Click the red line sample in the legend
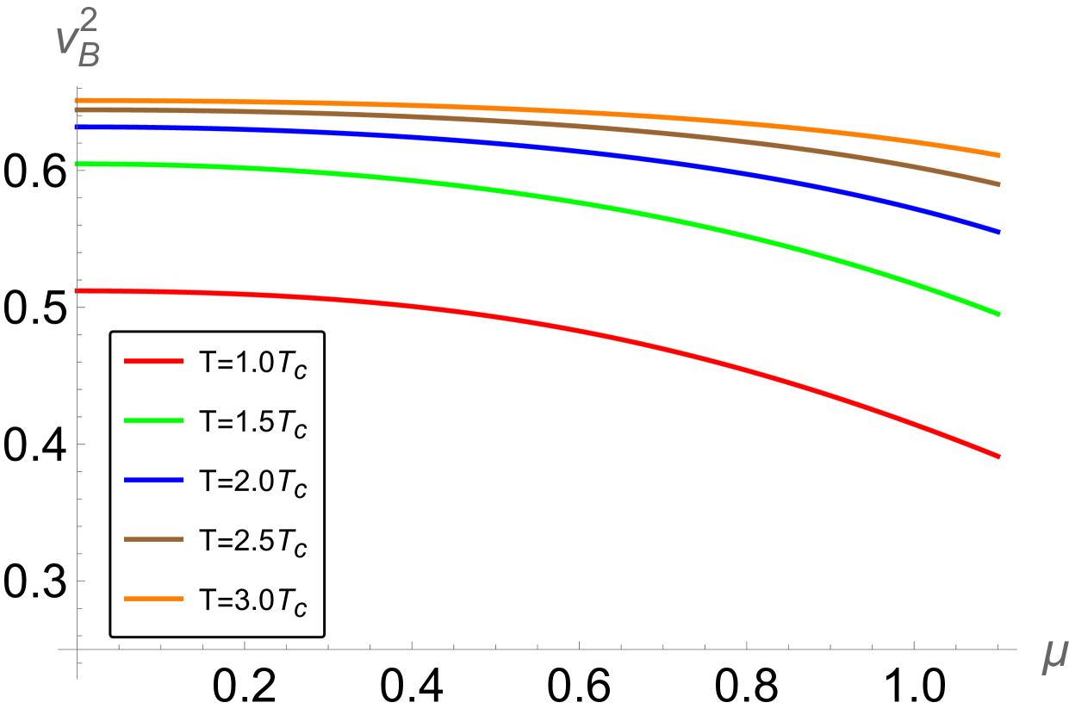(x=153, y=362)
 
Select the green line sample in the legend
(x=153, y=421)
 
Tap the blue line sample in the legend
(x=153, y=481)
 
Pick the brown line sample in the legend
(x=153, y=539)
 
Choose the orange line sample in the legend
(x=153, y=599)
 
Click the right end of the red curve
(x=998, y=457)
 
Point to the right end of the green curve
(x=998, y=314)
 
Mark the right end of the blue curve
(x=998, y=232)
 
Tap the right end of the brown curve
(x=998, y=184)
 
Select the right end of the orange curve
(x=998, y=155)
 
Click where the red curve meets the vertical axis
(x=78, y=291)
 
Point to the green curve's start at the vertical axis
(x=78, y=164)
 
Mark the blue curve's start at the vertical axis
(x=78, y=127)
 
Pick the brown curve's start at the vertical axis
(x=78, y=110)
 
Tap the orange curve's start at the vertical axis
(x=78, y=101)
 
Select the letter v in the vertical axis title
(x=67, y=42)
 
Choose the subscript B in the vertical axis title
(x=90, y=58)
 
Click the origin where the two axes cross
(x=78, y=649)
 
